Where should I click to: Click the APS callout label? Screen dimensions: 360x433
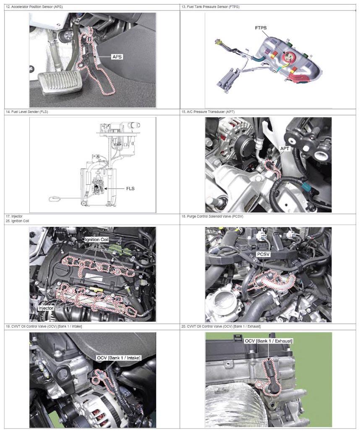click(x=117, y=57)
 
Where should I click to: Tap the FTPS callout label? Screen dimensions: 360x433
click(x=261, y=28)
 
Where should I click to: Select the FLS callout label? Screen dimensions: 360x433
click(x=130, y=188)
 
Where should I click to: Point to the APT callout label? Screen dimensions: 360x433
click(x=284, y=149)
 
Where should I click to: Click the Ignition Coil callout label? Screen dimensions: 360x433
click(x=97, y=239)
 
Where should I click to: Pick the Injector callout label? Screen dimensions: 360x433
click(x=46, y=308)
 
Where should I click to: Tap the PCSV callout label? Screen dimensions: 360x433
click(x=263, y=254)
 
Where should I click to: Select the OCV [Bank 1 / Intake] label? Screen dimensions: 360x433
click(x=118, y=358)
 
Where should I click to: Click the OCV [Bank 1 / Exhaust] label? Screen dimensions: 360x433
click(x=269, y=341)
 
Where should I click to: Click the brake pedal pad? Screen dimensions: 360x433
click(x=60, y=82)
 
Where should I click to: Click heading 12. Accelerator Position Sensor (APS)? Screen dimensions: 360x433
click(x=34, y=7)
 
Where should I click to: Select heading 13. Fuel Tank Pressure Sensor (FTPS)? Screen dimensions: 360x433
click(x=210, y=7)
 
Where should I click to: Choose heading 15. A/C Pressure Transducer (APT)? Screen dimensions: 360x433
click(x=208, y=112)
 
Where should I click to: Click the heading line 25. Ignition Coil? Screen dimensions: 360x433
click(x=17, y=221)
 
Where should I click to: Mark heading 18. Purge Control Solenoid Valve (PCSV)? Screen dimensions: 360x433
click(x=212, y=216)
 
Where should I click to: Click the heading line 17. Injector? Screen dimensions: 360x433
click(x=14, y=216)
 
